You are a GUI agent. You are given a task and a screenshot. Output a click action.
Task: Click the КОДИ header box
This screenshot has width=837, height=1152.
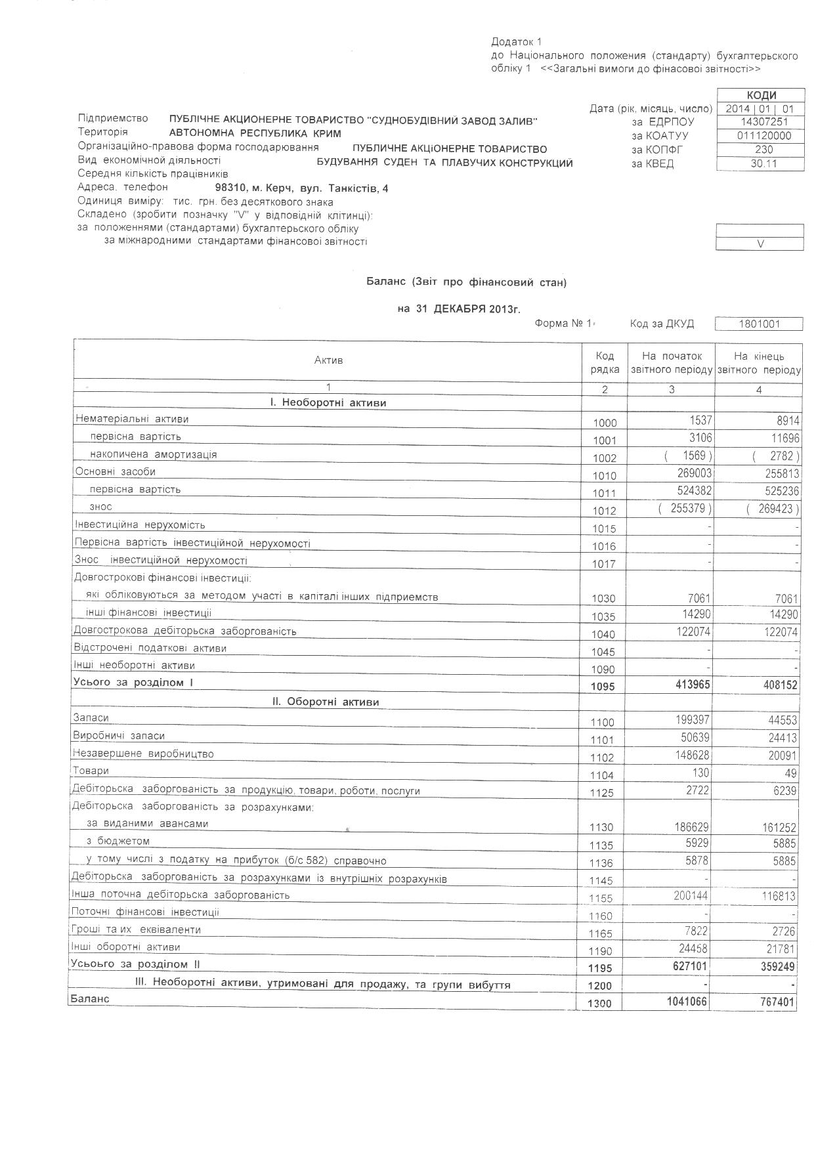click(x=761, y=95)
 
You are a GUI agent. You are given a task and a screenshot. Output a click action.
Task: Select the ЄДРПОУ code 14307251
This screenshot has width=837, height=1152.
click(x=761, y=122)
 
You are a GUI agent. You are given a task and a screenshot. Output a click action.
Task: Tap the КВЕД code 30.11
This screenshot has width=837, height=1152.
click(x=761, y=163)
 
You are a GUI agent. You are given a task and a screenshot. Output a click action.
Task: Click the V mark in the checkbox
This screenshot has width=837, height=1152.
click(x=760, y=244)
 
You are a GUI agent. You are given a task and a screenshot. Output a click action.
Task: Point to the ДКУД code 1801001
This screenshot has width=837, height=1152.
click(x=759, y=324)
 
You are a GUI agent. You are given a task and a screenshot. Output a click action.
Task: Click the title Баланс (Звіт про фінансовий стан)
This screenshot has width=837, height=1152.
click(x=466, y=282)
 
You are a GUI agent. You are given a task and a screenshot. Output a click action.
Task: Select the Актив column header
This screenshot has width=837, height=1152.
click(x=328, y=360)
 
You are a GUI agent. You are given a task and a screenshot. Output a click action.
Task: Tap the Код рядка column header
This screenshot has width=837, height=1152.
click(x=605, y=362)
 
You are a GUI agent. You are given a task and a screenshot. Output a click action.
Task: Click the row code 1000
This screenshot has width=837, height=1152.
click(x=605, y=423)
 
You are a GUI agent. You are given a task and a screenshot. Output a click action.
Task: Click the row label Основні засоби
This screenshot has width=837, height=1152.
click(x=116, y=472)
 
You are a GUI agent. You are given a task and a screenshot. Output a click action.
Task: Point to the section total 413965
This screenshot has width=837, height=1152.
click(x=687, y=685)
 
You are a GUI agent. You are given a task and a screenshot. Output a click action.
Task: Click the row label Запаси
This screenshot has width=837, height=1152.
click(x=91, y=718)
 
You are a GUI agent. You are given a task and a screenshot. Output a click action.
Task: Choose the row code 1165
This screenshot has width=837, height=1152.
click(x=605, y=933)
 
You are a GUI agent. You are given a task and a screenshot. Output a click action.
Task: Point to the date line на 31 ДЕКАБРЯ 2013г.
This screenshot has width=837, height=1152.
click(x=459, y=309)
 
